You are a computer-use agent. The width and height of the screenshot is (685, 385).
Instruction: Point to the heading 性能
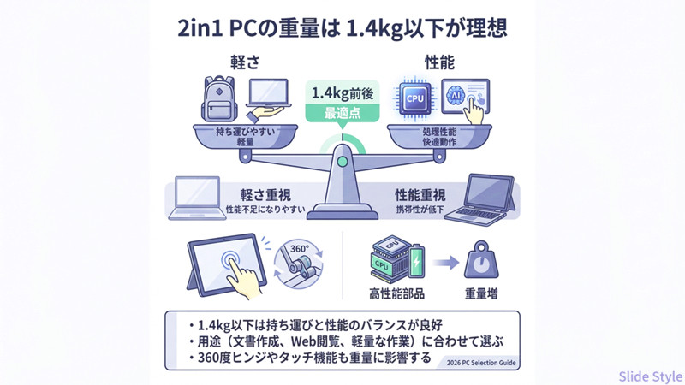tap(439, 62)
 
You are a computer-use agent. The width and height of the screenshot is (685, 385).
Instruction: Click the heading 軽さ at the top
tap(242, 62)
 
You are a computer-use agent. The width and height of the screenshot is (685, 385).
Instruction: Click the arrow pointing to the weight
tap(444, 261)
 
